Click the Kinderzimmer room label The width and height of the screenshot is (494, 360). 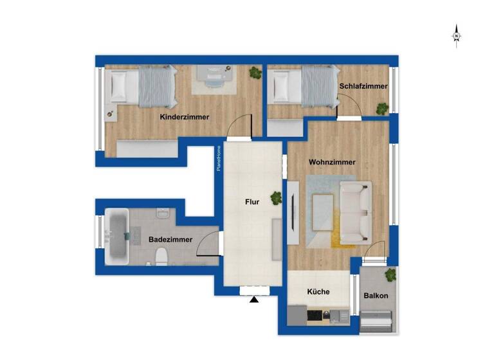click(x=185, y=117)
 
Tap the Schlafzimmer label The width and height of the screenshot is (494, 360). click(x=363, y=85)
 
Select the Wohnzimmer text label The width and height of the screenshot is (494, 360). click(x=332, y=162)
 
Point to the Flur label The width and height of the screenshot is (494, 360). click(x=252, y=202)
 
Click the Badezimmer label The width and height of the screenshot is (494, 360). click(x=170, y=239)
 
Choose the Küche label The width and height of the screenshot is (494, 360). click(x=318, y=292)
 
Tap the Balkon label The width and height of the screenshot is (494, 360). click(x=375, y=296)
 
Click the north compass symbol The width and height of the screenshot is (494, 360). click(x=456, y=35)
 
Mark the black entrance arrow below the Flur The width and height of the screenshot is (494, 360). click(x=254, y=299)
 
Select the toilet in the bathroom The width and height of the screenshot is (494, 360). click(x=161, y=256)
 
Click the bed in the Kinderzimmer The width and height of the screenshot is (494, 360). click(x=143, y=87)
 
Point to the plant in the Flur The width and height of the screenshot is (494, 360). click(x=277, y=198)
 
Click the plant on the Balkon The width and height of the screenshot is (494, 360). click(x=390, y=276)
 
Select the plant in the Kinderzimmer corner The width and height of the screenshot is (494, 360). click(x=255, y=73)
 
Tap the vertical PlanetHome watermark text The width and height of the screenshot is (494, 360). click(x=219, y=158)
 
